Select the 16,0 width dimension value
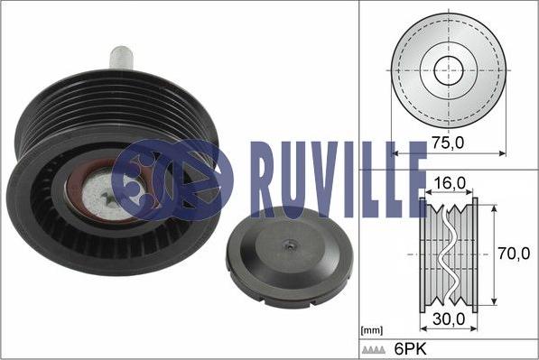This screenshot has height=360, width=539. point(448,183)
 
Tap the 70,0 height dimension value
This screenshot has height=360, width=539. point(516,255)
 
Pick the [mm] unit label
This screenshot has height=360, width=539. point(370,331)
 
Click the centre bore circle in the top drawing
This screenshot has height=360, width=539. point(449,69)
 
